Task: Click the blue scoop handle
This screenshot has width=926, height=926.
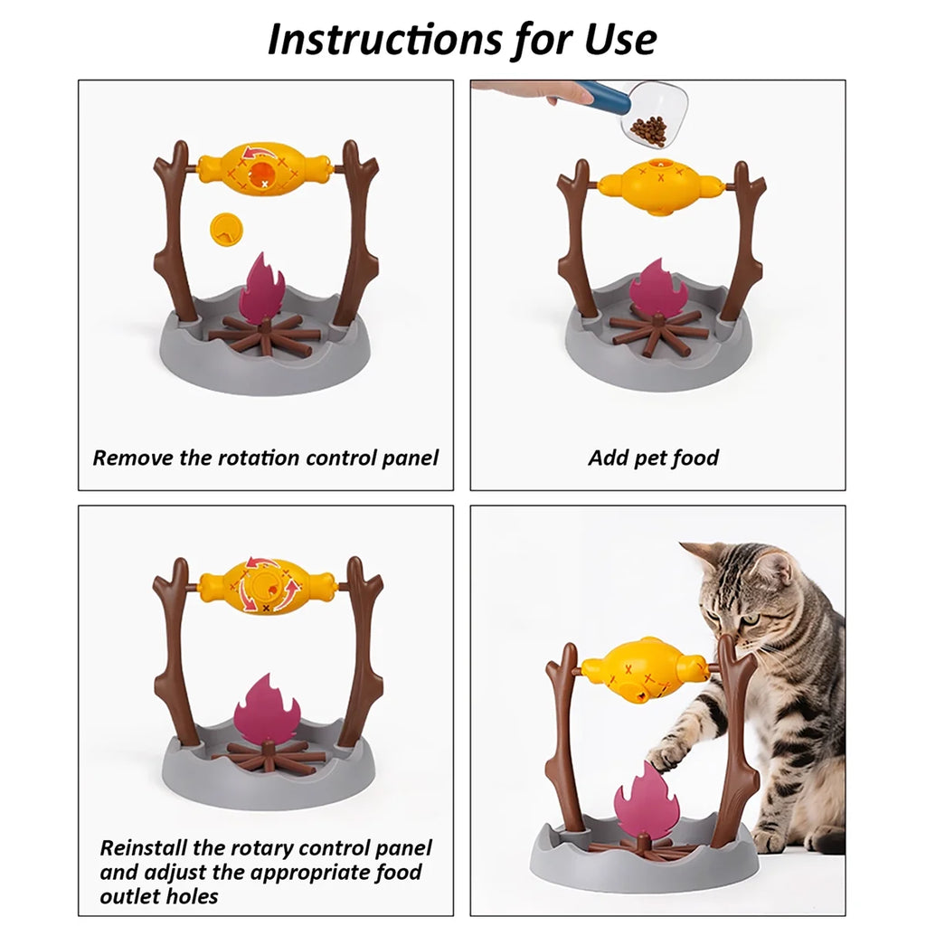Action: point(604,93)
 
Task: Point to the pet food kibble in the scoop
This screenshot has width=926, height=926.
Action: point(648,129)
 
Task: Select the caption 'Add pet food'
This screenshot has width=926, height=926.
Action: point(653,458)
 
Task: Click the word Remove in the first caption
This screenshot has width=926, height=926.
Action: point(133,458)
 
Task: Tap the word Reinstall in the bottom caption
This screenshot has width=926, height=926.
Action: point(146,848)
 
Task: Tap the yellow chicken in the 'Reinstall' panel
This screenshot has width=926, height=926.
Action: point(268,587)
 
